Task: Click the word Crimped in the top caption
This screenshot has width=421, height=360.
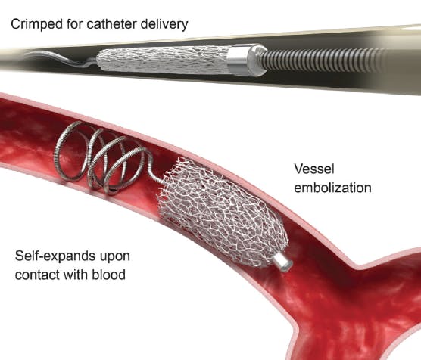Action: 36,24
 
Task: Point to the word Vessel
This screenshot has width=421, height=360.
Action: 314,169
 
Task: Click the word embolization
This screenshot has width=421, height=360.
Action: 332,188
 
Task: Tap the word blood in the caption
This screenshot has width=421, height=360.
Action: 108,275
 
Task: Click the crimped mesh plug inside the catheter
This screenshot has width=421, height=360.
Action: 163,60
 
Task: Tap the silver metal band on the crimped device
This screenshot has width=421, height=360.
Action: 238,60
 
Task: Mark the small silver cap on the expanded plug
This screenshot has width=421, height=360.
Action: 282,261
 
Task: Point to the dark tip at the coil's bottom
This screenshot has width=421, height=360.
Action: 114,191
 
